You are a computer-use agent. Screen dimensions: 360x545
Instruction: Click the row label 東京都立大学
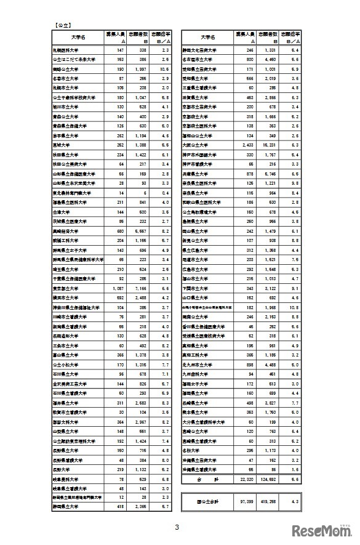coord(65,288)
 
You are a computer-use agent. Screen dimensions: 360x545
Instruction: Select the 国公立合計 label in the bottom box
coord(207,501)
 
